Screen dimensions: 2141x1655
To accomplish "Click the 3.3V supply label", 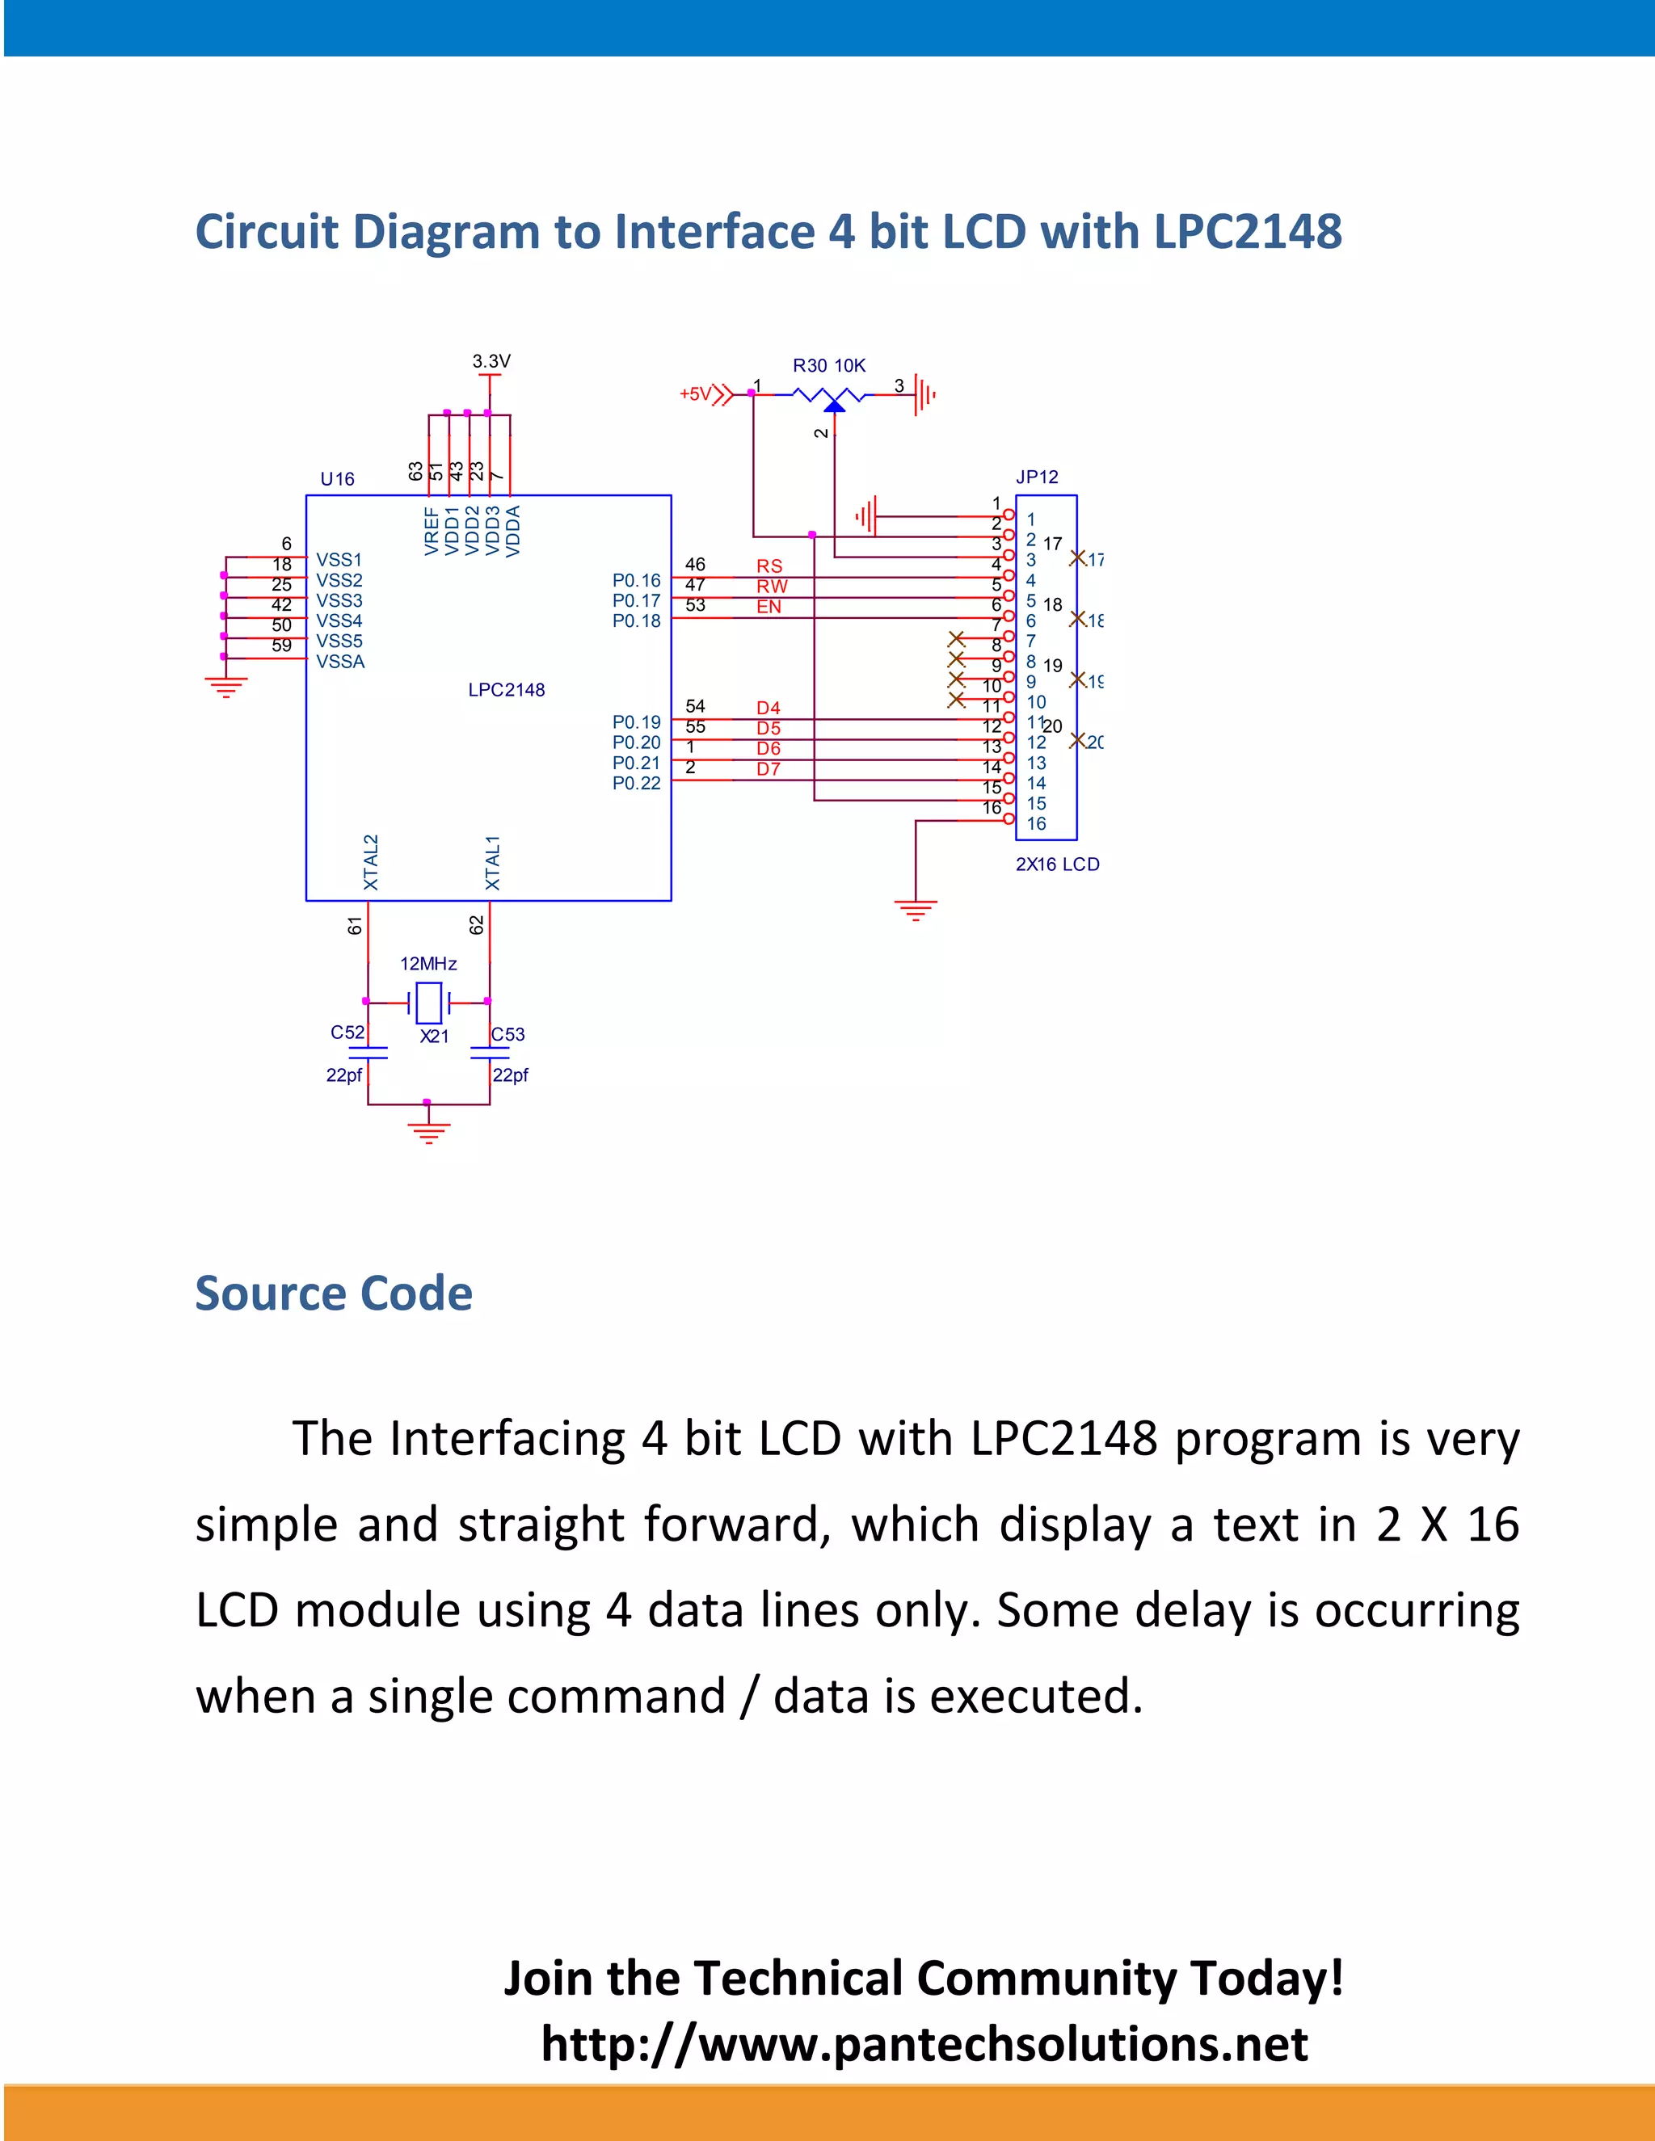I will point(491,361).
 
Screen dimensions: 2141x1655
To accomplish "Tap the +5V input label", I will point(695,394).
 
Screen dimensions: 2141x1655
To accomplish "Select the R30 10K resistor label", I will point(828,366).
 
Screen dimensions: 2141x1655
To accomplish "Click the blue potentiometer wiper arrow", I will point(834,405).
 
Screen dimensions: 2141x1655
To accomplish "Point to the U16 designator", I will point(337,479).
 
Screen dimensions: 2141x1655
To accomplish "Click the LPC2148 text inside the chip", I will point(506,690).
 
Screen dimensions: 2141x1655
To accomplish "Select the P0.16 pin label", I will point(636,580).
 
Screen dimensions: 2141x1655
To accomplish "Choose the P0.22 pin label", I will point(636,783).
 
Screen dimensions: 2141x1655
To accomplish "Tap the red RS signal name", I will point(769,566).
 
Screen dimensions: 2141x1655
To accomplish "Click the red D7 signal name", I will point(769,769).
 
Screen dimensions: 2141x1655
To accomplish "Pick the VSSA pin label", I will point(340,662).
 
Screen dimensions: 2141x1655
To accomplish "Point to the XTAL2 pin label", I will point(371,862).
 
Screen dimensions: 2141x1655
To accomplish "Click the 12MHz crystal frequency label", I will point(428,964).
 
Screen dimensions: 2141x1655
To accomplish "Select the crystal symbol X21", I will point(428,1003).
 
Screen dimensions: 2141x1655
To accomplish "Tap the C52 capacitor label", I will point(347,1033).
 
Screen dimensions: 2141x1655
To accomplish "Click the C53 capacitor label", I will point(507,1034).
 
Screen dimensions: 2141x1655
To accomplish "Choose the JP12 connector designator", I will point(1036,477).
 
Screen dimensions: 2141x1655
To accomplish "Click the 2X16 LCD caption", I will point(1057,864).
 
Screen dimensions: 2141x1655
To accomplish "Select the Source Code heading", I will point(334,1293).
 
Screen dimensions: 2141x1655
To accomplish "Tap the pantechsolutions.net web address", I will point(924,2044).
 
